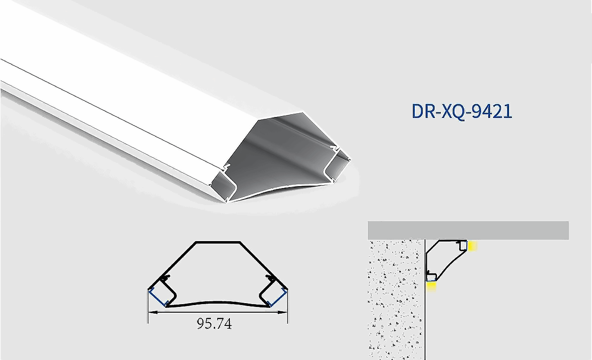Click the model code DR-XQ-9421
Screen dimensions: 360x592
[462, 111]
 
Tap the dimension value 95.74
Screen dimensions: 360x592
[214, 324]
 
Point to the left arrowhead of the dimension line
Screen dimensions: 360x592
[151, 312]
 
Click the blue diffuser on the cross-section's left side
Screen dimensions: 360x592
[157, 297]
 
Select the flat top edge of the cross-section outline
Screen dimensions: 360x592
[218, 242]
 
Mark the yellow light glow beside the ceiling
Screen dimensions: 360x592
[472, 246]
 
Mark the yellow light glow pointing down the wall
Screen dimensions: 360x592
[431, 286]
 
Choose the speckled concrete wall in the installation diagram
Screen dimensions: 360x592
[395, 298]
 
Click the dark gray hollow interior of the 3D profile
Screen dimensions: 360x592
[280, 152]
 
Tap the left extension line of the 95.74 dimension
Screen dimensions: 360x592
[148, 308]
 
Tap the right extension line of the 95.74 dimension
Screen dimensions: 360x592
[288, 308]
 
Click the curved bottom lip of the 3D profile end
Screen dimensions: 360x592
[280, 188]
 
